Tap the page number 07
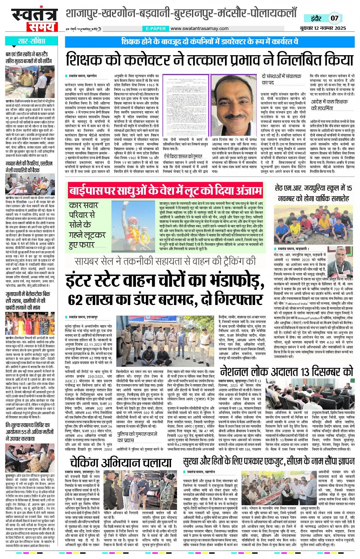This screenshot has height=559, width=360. [334, 18]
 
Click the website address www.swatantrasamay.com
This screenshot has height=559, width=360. [199, 29]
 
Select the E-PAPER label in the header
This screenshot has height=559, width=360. [156, 29]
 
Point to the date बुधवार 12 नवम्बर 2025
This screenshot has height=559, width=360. [323, 28]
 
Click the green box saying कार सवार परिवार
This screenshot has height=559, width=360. [88, 225]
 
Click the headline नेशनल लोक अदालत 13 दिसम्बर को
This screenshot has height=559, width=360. [286, 371]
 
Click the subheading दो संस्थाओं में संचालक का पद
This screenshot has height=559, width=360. [281, 79]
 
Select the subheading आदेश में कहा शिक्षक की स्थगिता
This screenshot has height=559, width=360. [329, 105]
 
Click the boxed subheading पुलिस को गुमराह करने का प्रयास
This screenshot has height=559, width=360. [137, 437]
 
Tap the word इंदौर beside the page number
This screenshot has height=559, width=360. [316, 18]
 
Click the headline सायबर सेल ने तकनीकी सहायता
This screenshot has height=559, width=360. [165, 261]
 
